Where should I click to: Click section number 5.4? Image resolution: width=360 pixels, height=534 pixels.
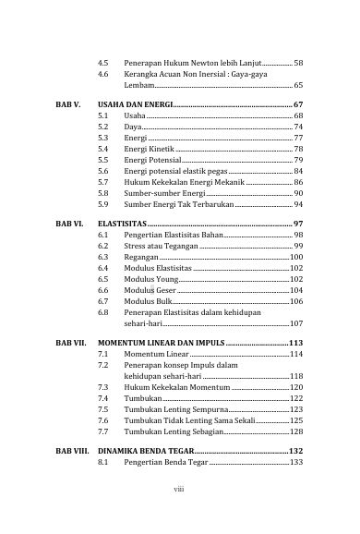coord(103,148)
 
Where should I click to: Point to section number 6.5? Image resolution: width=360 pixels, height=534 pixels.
coord(103,278)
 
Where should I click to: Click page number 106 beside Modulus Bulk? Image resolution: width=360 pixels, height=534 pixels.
coord(296,302)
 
